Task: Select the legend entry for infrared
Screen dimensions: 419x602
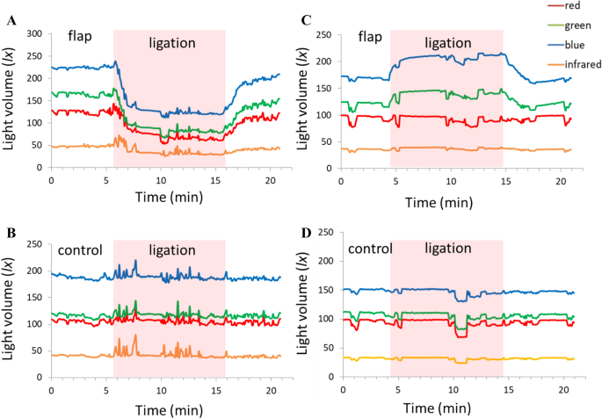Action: pos(562,54)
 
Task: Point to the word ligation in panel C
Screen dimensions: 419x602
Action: pos(447,42)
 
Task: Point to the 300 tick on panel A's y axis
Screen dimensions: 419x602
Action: pos(36,33)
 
